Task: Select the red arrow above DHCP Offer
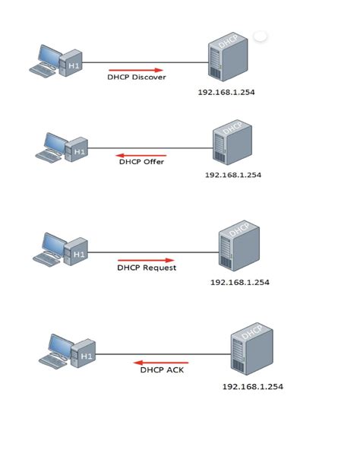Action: tap(141, 154)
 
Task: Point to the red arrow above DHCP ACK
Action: tap(161, 363)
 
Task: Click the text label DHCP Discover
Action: tap(137, 77)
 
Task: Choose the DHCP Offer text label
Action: tap(141, 161)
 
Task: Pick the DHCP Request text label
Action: tap(147, 268)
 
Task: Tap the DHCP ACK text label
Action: tap(163, 370)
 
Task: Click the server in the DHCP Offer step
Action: tap(232, 141)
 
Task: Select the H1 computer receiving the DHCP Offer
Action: tap(61, 147)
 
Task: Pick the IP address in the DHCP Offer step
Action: tap(233, 174)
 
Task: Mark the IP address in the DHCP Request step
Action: tap(240, 282)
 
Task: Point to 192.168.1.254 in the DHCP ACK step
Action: tap(253, 386)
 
